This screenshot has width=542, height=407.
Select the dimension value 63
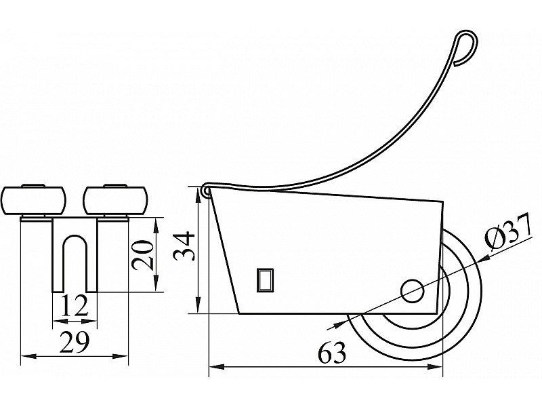point(332,352)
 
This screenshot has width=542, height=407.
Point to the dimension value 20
point(143,255)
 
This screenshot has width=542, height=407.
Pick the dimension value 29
point(75,342)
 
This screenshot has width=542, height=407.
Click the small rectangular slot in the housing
point(265,279)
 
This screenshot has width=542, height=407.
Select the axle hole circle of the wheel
point(413,291)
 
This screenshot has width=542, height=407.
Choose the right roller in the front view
point(116,200)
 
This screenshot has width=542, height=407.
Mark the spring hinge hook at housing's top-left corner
point(205,191)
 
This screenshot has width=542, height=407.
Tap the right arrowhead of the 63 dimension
point(434,366)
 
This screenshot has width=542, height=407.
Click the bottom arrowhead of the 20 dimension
point(156,284)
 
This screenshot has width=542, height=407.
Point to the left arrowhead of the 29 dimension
point(29,355)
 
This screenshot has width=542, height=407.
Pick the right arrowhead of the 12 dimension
point(89,322)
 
